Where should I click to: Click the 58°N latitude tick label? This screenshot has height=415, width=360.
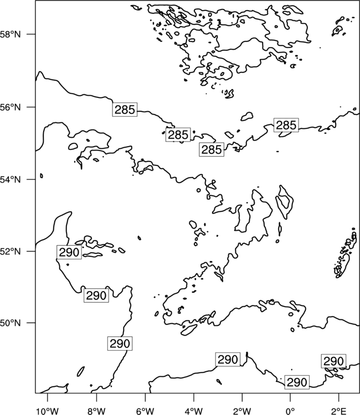pos(11,34)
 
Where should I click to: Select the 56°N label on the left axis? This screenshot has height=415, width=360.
pos(11,107)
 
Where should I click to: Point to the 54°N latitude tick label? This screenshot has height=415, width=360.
pos(11,179)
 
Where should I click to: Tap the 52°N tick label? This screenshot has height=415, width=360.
pos(11,251)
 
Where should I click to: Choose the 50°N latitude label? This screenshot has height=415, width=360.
pos(11,323)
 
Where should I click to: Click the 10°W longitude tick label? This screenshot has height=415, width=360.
pos(48,411)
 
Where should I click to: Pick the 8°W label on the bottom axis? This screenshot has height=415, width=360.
pos(96,411)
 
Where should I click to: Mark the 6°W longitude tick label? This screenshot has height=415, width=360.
pos(145,411)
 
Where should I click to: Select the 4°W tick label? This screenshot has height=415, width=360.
pos(194,411)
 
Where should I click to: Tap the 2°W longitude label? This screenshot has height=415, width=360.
pos(242,411)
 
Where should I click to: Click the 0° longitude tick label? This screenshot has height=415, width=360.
pos(290,411)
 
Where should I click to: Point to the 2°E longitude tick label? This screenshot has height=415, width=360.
pos(338,411)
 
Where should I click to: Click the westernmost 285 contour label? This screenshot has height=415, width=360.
pos(125,110)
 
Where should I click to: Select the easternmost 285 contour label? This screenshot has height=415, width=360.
pos(286,125)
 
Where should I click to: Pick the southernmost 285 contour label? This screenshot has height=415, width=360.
pos(212,149)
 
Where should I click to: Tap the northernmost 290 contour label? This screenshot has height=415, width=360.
pos(69,252)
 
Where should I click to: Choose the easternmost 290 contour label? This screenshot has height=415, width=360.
pos(333,361)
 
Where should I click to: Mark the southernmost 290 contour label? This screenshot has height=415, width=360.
pos(297,382)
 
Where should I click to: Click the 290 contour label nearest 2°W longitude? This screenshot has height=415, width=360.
pos(228,360)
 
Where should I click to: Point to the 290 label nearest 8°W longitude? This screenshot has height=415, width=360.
pos(96,295)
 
